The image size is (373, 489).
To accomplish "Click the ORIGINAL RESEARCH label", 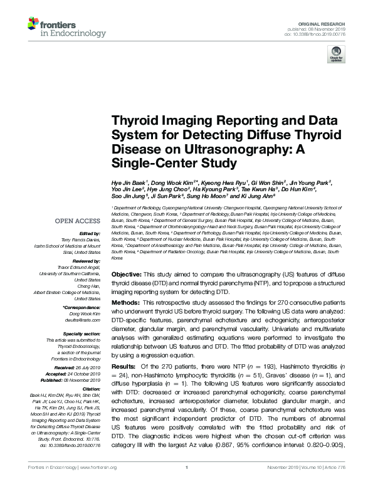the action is click(x=330, y=6).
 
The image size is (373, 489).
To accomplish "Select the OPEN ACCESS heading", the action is click(x=78, y=221).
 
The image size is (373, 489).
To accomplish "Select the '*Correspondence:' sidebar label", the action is click(x=82, y=308).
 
